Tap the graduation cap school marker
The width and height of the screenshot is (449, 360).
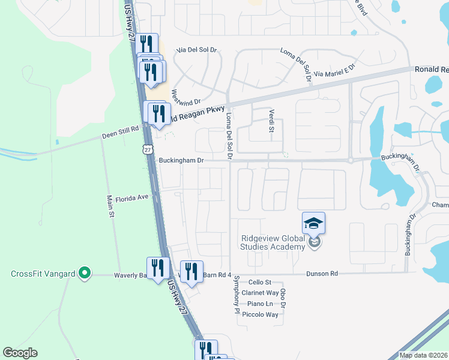(x=313, y=223)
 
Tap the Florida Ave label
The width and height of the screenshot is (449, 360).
(x=131, y=197)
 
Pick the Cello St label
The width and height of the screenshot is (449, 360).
(x=260, y=282)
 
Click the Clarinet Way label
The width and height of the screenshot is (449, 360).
(x=260, y=293)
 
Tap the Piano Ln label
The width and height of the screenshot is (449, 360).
(x=260, y=304)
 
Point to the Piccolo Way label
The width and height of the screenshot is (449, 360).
(x=260, y=314)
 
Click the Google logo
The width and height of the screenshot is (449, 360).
(x=20, y=353)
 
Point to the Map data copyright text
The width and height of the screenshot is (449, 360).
(x=423, y=355)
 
